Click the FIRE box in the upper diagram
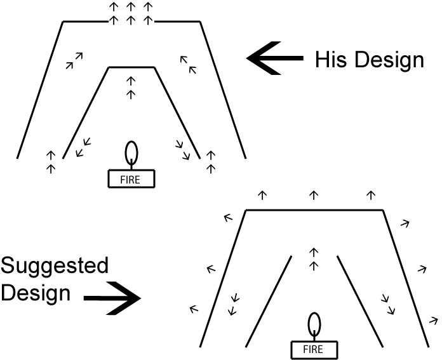click(131, 179)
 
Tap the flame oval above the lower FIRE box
click(314, 324)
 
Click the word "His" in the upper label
click(331, 60)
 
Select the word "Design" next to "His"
click(388, 61)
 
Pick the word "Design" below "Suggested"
click(34, 294)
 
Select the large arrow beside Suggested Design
click(112, 297)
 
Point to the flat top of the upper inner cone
click(131, 67)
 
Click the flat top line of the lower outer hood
click(314, 210)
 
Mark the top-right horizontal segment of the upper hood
click(178, 21)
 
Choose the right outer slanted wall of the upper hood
click(223, 89)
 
